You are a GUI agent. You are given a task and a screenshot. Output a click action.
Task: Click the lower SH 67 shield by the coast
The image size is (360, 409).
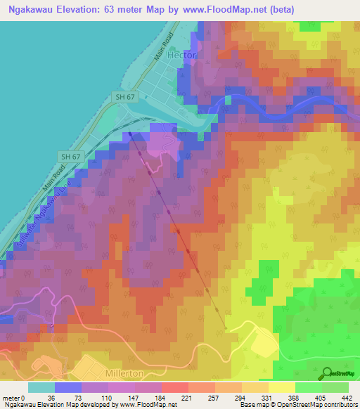[68, 156]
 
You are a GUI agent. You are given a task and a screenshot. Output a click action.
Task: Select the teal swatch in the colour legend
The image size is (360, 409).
[42, 387]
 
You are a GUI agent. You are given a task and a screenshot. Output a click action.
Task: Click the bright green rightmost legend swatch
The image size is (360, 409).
[335, 387]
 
